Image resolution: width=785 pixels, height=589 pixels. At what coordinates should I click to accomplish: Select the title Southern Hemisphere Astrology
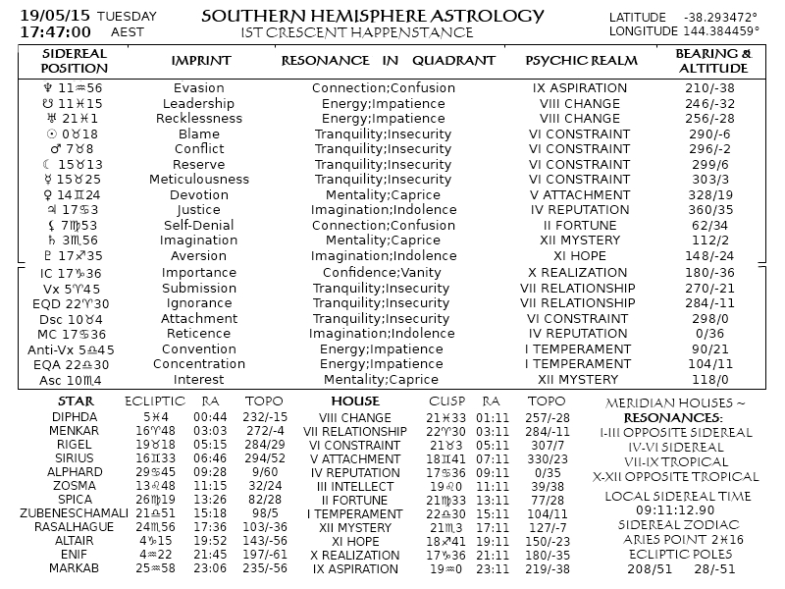[372, 16]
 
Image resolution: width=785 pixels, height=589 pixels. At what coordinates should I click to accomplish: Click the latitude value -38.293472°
[720, 18]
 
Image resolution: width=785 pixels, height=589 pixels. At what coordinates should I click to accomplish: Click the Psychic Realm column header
[581, 61]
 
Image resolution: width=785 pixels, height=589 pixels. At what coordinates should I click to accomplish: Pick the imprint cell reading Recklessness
[199, 119]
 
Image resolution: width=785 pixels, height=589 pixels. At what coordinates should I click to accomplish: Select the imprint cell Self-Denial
[199, 226]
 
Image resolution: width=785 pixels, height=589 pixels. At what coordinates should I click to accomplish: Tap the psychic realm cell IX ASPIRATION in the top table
[580, 88]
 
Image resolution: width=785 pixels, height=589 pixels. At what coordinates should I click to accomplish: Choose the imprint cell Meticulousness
[199, 180]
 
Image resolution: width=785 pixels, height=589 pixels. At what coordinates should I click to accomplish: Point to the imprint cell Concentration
[199, 364]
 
